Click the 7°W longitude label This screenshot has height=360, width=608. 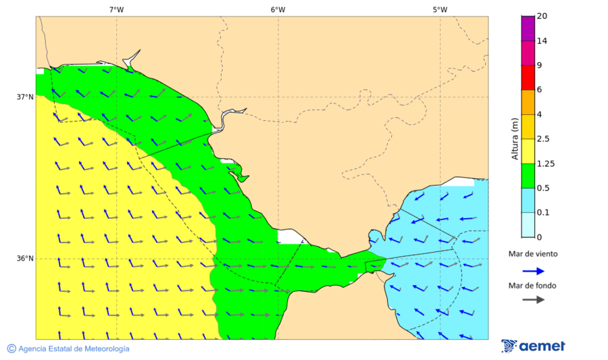tap(116, 9)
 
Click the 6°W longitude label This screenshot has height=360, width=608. tap(278, 9)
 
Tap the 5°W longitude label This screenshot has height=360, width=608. tap(440, 9)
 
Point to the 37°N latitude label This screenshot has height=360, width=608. tap(25, 97)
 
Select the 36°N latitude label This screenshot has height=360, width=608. tap(25, 259)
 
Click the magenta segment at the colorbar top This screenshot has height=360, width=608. tap(528, 28)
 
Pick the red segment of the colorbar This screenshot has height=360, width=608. tap(528, 78)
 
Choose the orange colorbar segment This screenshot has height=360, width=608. tap(528, 102)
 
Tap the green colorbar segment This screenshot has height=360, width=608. tap(528, 176)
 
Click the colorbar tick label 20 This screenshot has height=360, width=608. tap(542, 16)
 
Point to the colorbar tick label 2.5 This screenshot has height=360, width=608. tap(543, 139)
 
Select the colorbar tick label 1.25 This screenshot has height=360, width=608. tap(545, 163)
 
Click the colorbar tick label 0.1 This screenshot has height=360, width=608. tap(543, 213)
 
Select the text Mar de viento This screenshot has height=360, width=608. tap(533, 254)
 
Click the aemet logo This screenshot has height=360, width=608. tap(533, 346)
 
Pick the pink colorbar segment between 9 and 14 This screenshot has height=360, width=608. tap(528, 53)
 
